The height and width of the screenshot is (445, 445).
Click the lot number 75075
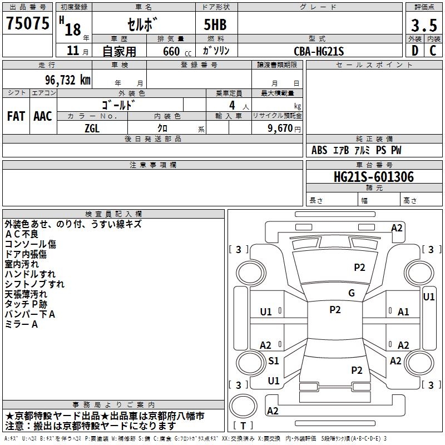27,23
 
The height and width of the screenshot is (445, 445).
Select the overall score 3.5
424,25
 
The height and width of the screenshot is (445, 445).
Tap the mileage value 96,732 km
68,80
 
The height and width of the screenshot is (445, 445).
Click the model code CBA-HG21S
319,51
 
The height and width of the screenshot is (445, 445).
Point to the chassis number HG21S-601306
374,177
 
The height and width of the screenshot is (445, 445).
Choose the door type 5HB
215,24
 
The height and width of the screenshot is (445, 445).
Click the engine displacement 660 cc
177,52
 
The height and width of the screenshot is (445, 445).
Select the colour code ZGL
92,128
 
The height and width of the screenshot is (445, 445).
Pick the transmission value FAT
16,116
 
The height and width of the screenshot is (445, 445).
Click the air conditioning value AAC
43,116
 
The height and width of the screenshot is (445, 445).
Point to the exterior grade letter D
415,51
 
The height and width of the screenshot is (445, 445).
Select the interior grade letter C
433,51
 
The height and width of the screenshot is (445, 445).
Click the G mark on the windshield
352,293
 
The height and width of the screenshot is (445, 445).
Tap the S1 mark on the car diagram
274,360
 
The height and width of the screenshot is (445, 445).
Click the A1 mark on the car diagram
403,312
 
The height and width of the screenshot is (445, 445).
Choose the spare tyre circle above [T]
243,406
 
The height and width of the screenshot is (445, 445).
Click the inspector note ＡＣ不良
22,234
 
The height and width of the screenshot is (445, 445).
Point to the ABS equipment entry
319,150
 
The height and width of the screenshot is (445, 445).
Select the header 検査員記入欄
113,214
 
